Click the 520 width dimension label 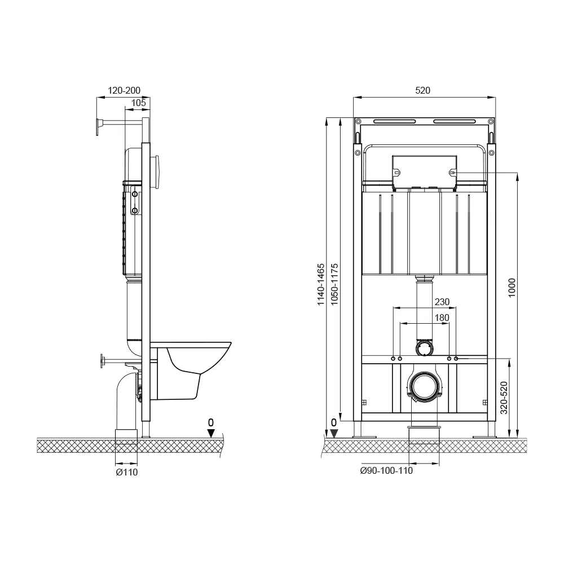423,90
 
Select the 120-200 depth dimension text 124,90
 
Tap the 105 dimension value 138,103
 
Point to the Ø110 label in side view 126,472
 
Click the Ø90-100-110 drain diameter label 386,471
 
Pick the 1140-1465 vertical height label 320,285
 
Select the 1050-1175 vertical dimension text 334,285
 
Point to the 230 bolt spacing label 442,302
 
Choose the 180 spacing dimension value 442,318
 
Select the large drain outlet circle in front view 424,386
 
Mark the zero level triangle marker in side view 211,433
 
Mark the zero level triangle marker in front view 334,433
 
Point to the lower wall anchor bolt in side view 103,360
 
